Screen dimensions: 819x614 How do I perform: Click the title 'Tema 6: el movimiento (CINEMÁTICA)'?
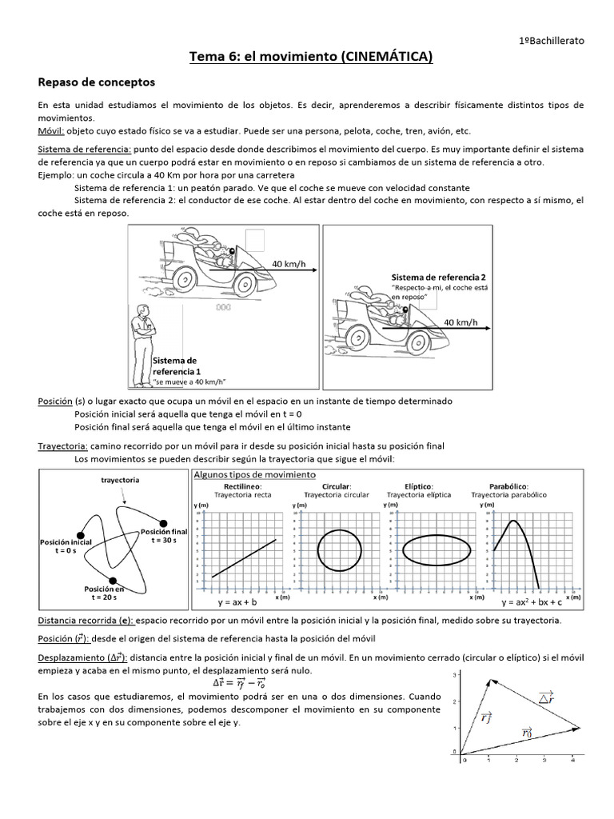pyautogui.click(x=309, y=56)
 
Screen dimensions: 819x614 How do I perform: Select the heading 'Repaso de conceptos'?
pyautogui.click(x=97, y=82)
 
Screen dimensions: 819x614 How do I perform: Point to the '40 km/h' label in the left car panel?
pyautogui.click(x=289, y=264)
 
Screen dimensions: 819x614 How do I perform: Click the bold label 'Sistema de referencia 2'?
pyautogui.click(x=438, y=276)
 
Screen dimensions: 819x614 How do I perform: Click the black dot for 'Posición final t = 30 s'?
pyautogui.click(x=164, y=522)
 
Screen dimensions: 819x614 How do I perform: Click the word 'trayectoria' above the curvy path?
pyautogui.click(x=121, y=480)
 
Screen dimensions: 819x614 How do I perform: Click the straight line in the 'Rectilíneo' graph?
pyautogui.click(x=244, y=557)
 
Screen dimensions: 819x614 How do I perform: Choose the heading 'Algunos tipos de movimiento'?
pyautogui.click(x=244, y=475)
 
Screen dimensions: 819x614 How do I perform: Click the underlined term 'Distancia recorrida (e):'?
pyautogui.click(x=86, y=621)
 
